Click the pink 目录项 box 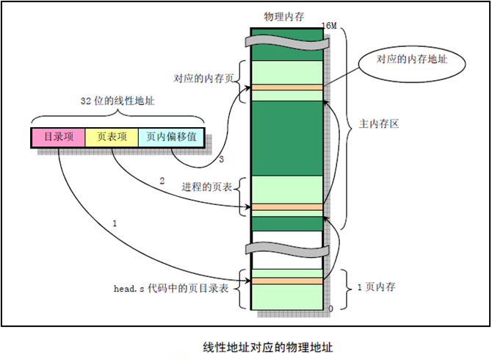58,137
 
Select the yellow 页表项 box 112,137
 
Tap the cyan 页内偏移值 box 171,137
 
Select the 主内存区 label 379,125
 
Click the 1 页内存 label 377,287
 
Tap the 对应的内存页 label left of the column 203,77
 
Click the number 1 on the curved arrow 115,221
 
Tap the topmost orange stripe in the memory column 286,87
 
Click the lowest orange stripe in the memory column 286,281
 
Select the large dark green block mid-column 286,137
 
